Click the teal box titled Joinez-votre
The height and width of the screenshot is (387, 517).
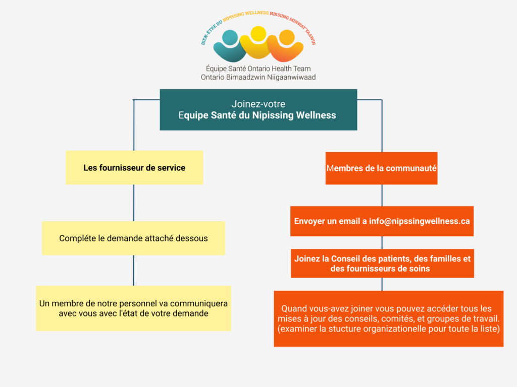point(258,109)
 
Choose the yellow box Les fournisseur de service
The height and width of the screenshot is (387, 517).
point(134,168)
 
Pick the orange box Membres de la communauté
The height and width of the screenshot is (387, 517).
point(381,168)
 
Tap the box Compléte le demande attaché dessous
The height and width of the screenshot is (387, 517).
point(133,238)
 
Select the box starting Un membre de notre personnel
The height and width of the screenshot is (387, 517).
point(133,308)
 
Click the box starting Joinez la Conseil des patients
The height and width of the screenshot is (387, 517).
point(382,264)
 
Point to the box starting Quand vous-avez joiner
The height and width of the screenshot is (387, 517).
point(388,318)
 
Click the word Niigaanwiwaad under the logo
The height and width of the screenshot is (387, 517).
point(292,77)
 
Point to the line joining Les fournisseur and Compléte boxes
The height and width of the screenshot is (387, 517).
point(134,203)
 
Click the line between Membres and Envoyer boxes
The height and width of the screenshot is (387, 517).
point(382,195)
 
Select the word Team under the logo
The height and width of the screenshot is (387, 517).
point(301,69)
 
